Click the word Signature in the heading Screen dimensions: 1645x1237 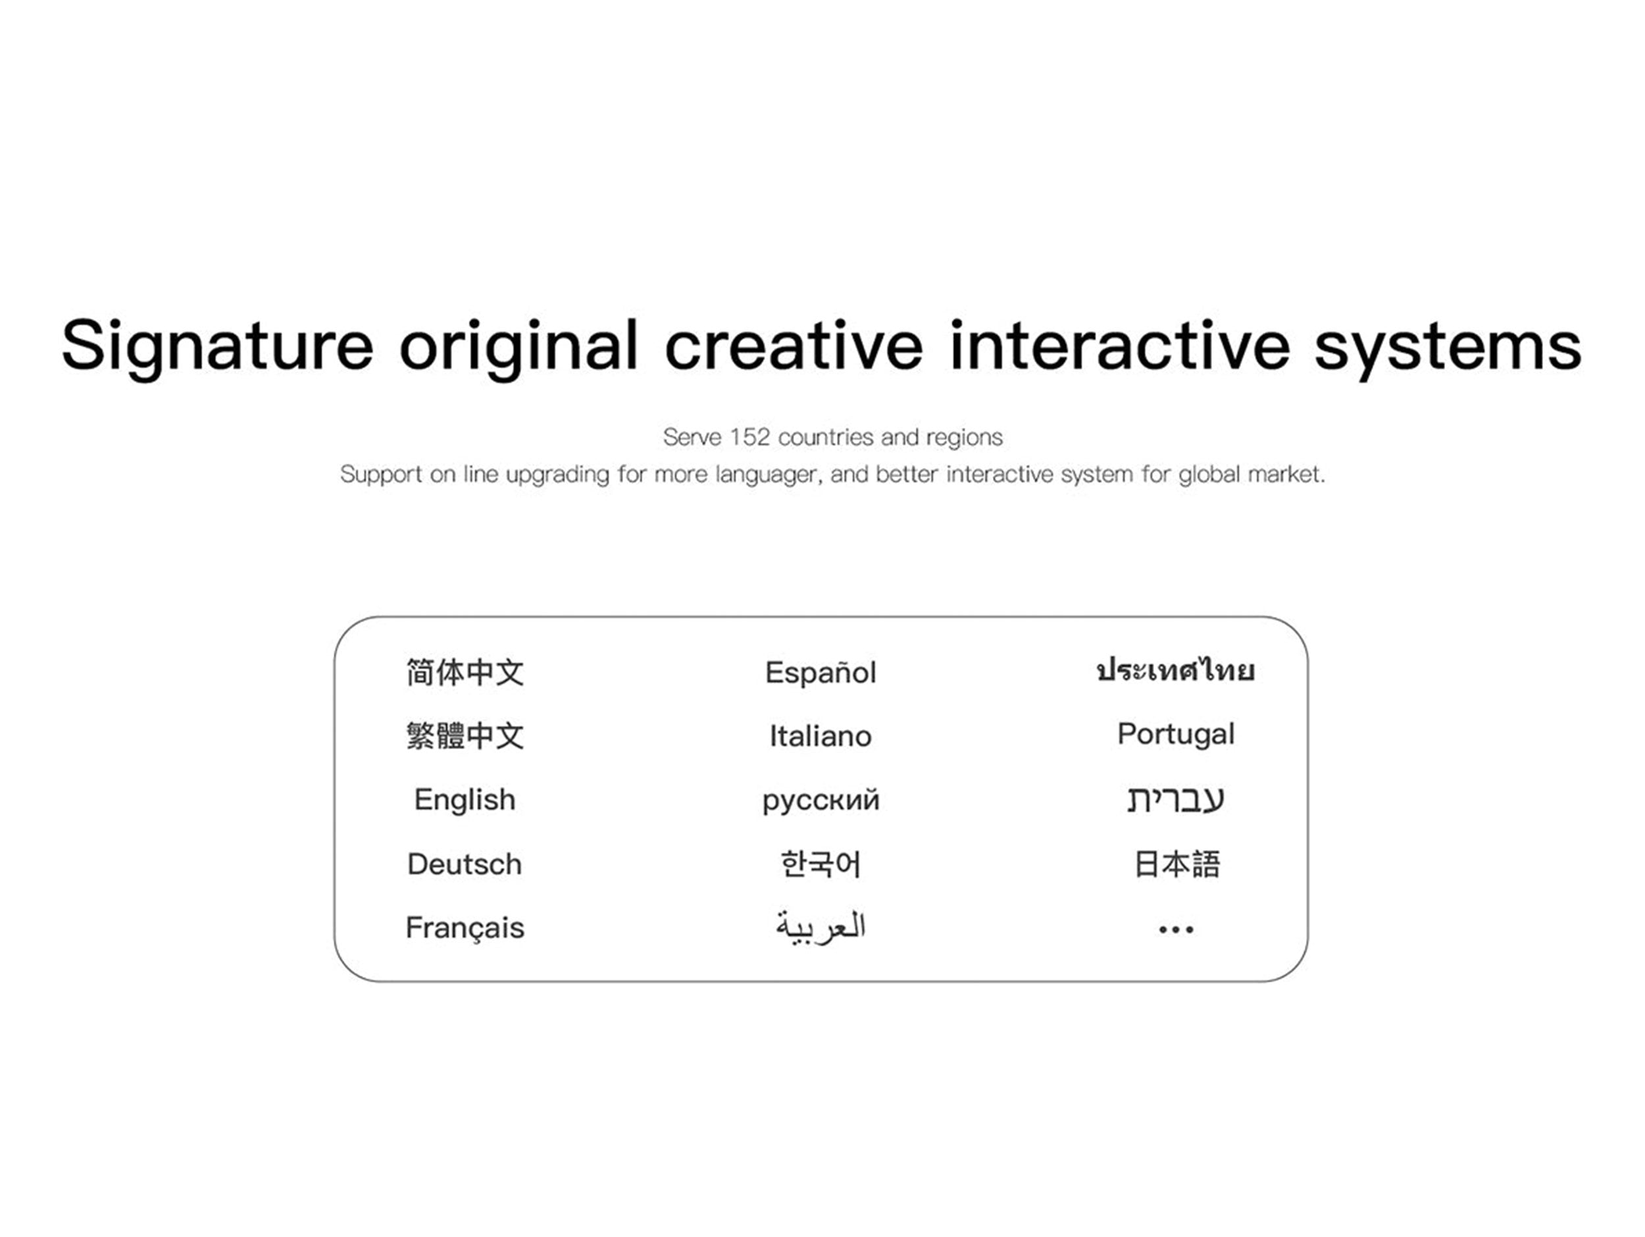[217, 347]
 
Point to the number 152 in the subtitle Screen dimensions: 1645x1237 [749, 436]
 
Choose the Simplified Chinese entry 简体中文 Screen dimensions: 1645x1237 [465, 672]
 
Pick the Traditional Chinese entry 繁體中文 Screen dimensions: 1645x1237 [465, 735]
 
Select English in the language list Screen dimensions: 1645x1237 [465, 801]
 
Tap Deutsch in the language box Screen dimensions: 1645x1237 [465, 864]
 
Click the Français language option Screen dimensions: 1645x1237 [465, 928]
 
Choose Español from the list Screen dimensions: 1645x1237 [821, 671]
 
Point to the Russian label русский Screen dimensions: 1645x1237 [821, 802]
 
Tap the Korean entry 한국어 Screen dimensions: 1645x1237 [821, 864]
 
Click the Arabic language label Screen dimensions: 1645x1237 [821, 928]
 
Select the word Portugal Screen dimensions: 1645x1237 [1176, 735]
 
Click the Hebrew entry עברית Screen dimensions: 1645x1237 [1176, 800]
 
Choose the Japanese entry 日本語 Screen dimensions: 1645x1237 [1177, 864]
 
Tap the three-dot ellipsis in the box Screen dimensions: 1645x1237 [1177, 929]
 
